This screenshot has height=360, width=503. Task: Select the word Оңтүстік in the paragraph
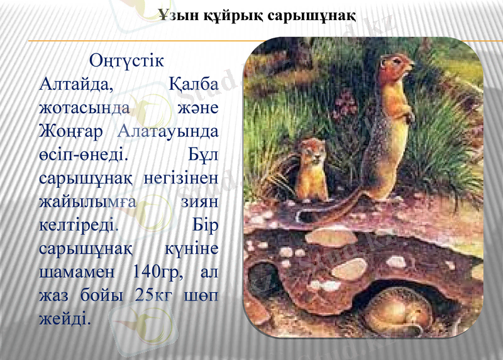[128, 62]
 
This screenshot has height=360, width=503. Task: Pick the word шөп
[202, 295]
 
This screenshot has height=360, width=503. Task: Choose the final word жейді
[65, 318]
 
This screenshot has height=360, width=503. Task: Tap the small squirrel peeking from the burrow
[311, 170]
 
